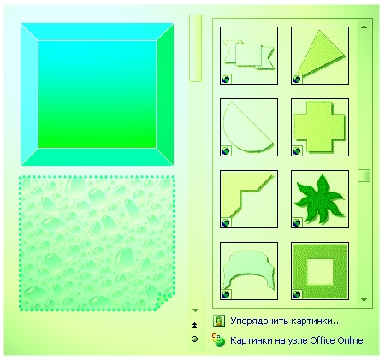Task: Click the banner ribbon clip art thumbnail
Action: pyautogui.click(x=249, y=56)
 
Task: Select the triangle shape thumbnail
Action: pyautogui.click(x=320, y=56)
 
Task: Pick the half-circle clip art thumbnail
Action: pyautogui.click(x=249, y=127)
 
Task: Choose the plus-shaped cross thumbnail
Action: pyautogui.click(x=320, y=127)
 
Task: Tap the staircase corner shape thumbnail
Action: pyautogui.click(x=249, y=199)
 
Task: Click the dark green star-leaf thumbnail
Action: pyautogui.click(x=320, y=199)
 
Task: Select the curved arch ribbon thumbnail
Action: pyautogui.click(x=249, y=271)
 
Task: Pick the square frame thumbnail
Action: pyautogui.click(x=320, y=271)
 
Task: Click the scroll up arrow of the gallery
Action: pyautogui.click(x=364, y=27)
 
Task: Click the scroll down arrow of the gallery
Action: pyautogui.click(x=364, y=300)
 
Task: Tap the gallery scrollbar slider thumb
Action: pyautogui.click(x=364, y=175)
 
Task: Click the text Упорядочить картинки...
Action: pyautogui.click(x=286, y=322)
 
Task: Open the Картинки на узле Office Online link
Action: pyautogui.click(x=297, y=340)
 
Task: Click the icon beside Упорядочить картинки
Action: pyautogui.click(x=219, y=321)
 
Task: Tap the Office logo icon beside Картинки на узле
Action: pyautogui.click(x=218, y=340)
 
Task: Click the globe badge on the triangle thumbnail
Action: pyautogui.click(x=297, y=79)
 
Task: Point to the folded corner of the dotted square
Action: pyautogui.click(x=165, y=301)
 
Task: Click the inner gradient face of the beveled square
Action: pyautogui.click(x=97, y=94)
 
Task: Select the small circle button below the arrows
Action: pyautogui.click(x=195, y=339)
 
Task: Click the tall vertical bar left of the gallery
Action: pyautogui.click(x=195, y=48)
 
